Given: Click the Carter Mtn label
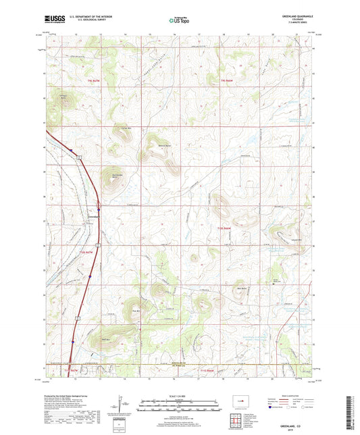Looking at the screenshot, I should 124,128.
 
